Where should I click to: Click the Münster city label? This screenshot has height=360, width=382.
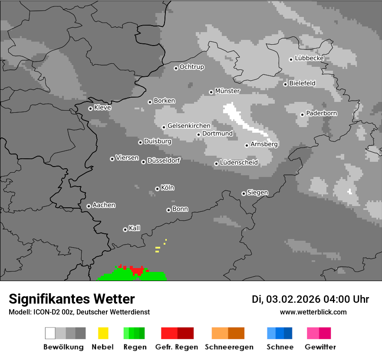[x=227, y=91]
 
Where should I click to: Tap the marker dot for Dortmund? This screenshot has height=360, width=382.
[x=198, y=134]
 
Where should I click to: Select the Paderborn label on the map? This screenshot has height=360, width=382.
[x=321, y=113]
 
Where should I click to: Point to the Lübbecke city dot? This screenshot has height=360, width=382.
[x=291, y=59]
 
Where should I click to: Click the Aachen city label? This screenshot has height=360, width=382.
[x=104, y=205]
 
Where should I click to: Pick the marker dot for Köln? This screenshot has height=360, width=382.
[x=157, y=189]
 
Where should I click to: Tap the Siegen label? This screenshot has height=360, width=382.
[x=257, y=193]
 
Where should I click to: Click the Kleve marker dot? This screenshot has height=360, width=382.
[x=90, y=108]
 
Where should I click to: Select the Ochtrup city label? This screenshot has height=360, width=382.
[x=191, y=67]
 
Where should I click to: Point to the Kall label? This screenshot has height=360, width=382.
[x=134, y=228]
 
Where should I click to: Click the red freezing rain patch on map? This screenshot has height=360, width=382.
[x=137, y=270]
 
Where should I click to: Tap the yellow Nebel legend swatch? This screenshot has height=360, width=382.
[x=103, y=333]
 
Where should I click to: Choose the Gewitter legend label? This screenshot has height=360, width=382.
[x=320, y=347]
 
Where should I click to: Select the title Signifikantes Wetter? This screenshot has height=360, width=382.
[x=72, y=299]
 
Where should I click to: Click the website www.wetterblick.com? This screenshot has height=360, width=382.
[x=313, y=312]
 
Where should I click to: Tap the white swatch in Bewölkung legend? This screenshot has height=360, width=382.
[x=50, y=333]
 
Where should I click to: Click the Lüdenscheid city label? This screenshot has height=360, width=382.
[x=239, y=163]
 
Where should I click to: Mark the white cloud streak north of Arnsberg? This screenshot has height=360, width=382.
[x=243, y=121]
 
